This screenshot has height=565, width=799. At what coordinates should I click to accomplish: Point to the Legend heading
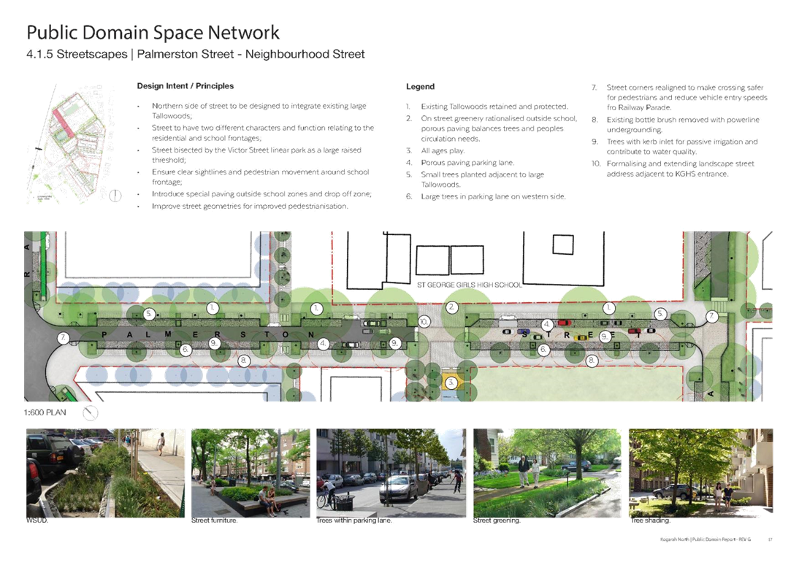click(x=420, y=86)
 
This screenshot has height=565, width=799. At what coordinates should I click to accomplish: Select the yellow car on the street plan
click(x=581, y=337)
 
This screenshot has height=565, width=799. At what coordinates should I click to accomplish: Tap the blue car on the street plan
click(x=524, y=332)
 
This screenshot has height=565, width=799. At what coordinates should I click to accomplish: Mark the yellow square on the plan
click(x=452, y=381)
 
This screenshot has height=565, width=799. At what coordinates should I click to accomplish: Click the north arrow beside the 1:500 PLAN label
click(x=91, y=414)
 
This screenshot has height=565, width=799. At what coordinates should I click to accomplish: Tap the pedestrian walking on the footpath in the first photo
click(x=160, y=444)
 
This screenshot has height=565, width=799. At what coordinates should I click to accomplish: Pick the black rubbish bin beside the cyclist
click(x=343, y=501)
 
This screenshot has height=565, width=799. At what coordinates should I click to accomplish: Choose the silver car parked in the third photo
click(x=398, y=488)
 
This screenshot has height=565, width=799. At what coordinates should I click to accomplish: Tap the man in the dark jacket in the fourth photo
click(x=523, y=471)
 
